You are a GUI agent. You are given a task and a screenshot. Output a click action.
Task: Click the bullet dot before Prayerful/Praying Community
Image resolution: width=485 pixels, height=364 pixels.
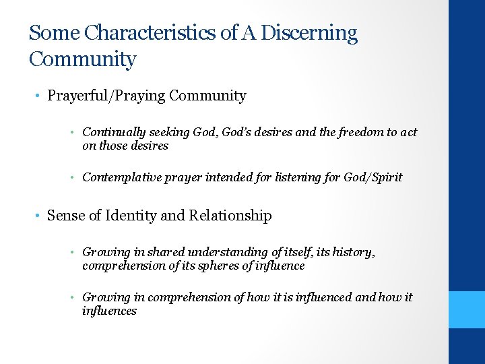click(38, 96)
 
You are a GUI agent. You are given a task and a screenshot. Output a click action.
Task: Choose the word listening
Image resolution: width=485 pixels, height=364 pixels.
click(294, 177)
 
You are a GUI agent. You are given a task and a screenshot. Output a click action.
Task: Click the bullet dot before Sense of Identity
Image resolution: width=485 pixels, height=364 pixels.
click(38, 216)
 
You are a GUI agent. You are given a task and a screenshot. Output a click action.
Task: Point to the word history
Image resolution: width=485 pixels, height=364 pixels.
click(352, 252)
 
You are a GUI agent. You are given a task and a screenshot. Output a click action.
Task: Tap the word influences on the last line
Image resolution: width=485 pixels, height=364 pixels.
click(109, 311)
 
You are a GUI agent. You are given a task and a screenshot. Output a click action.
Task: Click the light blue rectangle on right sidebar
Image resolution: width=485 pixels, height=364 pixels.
click(467, 309)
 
